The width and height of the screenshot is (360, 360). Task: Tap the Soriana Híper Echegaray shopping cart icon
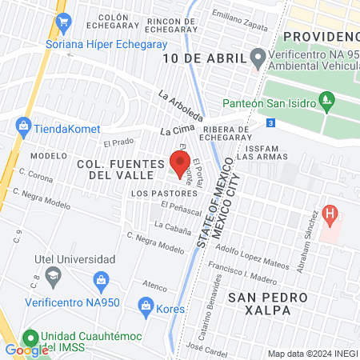click(61, 22)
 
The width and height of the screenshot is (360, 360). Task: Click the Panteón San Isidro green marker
click(326, 100)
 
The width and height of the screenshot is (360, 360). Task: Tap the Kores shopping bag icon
click(146, 305)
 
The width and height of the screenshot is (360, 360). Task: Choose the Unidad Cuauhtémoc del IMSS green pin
click(30, 338)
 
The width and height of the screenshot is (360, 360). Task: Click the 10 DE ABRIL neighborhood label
click(203, 58)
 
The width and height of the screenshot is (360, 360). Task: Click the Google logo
click(27, 350)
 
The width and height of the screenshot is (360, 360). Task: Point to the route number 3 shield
click(271, 122)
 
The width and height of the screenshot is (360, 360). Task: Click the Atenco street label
click(154, 284)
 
